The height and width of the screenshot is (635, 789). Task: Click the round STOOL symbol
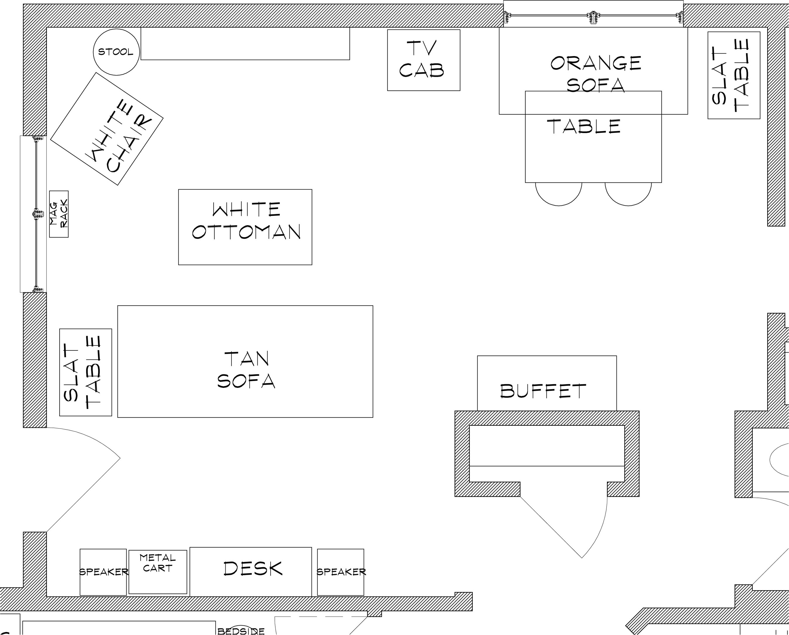pyautogui.click(x=116, y=52)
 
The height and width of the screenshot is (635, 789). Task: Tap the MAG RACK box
pyautogui.click(x=59, y=214)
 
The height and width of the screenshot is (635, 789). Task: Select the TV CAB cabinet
pyautogui.click(x=423, y=60)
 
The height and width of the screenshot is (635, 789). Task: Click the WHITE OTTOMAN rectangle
pyautogui.click(x=245, y=227)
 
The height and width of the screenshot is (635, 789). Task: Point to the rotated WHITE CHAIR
pyautogui.click(x=106, y=128)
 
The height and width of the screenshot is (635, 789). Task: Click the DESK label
pyautogui.click(x=253, y=569)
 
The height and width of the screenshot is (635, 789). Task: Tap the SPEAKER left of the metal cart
pyautogui.click(x=103, y=572)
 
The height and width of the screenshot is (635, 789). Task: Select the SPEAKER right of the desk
pyautogui.click(x=340, y=572)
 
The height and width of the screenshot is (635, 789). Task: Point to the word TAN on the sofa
pyautogui.click(x=247, y=359)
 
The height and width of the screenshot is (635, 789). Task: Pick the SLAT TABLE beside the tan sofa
pyautogui.click(x=86, y=372)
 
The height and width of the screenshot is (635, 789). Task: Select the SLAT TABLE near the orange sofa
pyautogui.click(x=734, y=75)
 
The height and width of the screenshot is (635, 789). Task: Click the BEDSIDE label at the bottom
pyautogui.click(x=241, y=631)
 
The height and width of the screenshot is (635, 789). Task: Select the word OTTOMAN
pyautogui.click(x=246, y=232)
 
